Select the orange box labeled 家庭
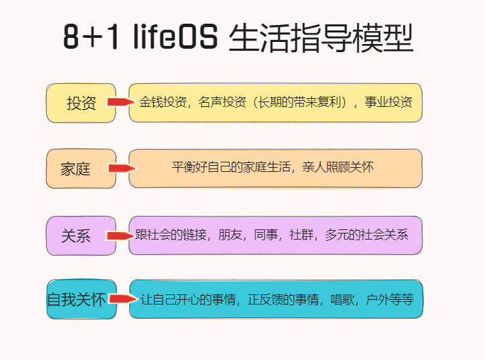tap(76, 168)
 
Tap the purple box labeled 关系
tap(76, 235)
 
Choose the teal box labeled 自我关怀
tap(76, 299)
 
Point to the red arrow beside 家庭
tap(121, 168)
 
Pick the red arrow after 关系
tap(120, 235)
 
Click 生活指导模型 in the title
tap(321, 39)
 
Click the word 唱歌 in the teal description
tap(343, 299)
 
